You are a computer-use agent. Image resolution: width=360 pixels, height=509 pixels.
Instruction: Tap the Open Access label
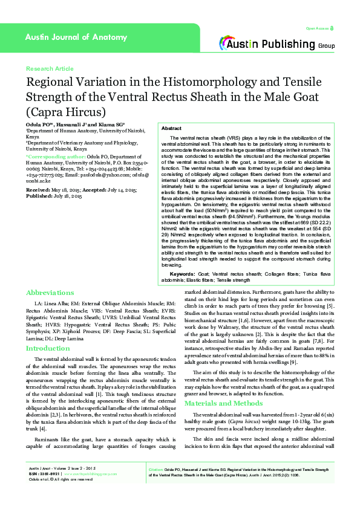317,28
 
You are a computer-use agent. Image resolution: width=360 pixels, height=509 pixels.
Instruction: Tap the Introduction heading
48,349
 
